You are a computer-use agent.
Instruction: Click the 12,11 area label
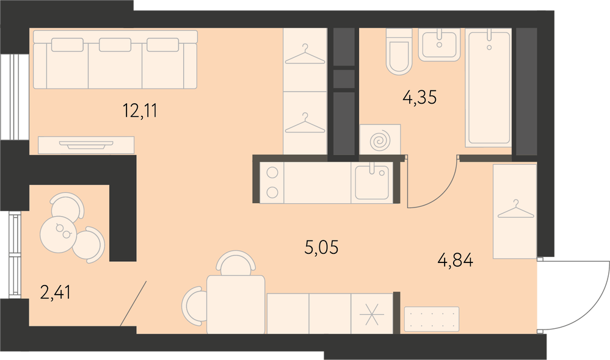pyautogui.click(x=140, y=110)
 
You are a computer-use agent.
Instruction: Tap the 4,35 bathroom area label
pyautogui.click(x=419, y=97)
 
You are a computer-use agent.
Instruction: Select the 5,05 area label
pyautogui.click(x=321, y=247)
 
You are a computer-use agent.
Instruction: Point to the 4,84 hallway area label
pyautogui.click(x=456, y=260)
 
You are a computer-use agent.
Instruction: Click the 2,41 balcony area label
pyautogui.click(x=56, y=292)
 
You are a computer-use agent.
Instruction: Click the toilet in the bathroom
pyautogui.click(x=399, y=51)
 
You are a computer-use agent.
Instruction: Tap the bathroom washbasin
pyautogui.click(x=439, y=45)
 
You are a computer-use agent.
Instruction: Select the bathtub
pyautogui.click(x=488, y=88)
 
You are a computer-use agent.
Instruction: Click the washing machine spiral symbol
pyautogui.click(x=380, y=140)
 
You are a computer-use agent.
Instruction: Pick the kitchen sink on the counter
pyautogui.click(x=372, y=182)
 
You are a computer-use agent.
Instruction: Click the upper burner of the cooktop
pyautogui.click(x=272, y=172)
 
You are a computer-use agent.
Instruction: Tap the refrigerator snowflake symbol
pyautogui.click(x=371, y=314)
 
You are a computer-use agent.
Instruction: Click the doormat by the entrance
pyautogui.click(x=432, y=319)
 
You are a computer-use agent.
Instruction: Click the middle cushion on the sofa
pyautogui.click(x=115, y=45)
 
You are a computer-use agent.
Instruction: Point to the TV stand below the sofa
pyautogui.click(x=86, y=145)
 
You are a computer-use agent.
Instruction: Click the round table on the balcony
pyautogui.click(x=58, y=234)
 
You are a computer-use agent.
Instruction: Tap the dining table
pyautogui.click(x=236, y=304)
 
